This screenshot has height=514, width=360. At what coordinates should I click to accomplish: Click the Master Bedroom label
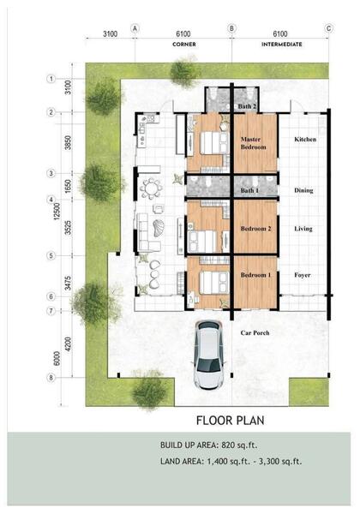(253, 143)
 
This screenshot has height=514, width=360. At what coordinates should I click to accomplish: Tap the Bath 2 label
(247, 106)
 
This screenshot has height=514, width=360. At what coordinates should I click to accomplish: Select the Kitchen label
(305, 140)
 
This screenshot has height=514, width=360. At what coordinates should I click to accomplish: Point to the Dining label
(303, 190)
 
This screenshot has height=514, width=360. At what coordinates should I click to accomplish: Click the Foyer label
(303, 275)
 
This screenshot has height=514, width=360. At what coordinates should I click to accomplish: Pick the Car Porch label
(255, 332)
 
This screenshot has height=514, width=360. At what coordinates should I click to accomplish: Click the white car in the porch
(209, 355)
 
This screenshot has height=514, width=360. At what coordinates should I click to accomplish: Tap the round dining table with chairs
(151, 188)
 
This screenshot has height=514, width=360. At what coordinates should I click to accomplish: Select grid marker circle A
(135, 28)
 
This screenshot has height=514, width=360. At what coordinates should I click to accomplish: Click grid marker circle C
(329, 28)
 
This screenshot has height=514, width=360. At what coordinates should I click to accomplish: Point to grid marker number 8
(51, 378)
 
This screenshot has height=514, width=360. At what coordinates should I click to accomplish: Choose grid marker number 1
(51, 79)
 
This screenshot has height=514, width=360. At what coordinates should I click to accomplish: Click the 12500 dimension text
(57, 212)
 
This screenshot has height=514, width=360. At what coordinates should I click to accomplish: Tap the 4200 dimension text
(68, 344)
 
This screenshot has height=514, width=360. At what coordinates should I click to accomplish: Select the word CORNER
(184, 45)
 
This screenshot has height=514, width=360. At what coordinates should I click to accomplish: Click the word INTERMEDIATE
(282, 45)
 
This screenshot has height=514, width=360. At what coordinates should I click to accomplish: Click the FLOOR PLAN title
(231, 421)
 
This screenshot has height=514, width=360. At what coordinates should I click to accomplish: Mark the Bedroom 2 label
(255, 229)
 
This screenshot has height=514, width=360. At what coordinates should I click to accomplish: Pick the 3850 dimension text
(68, 142)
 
